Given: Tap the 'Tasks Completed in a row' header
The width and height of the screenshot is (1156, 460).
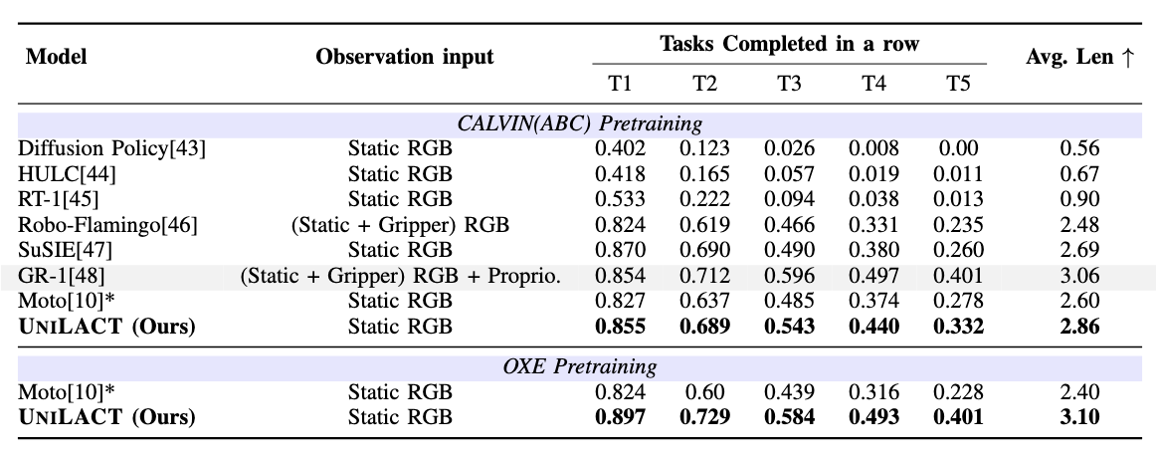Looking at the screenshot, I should pyautogui.click(x=789, y=45).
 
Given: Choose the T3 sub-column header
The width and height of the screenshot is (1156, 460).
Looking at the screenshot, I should pyautogui.click(x=789, y=82).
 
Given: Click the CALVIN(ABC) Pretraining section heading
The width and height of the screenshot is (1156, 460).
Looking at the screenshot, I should pyautogui.click(x=579, y=124).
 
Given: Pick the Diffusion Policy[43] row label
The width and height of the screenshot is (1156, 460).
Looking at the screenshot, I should pyautogui.click(x=111, y=148).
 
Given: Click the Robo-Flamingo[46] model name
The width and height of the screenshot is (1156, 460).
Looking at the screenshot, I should pyautogui.click(x=107, y=225).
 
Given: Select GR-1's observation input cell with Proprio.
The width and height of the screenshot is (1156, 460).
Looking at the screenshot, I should pyautogui.click(x=400, y=276).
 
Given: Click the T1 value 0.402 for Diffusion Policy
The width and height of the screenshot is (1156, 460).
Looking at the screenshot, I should pyautogui.click(x=621, y=148).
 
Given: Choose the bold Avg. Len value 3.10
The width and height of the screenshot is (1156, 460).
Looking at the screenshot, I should pyautogui.click(x=1079, y=416).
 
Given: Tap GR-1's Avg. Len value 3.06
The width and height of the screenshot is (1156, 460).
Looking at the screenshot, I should pyautogui.click(x=1079, y=276).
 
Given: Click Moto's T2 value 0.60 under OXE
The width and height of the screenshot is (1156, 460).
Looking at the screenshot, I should pyautogui.click(x=705, y=391).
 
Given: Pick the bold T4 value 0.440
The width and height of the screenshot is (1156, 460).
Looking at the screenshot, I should pyautogui.click(x=874, y=326).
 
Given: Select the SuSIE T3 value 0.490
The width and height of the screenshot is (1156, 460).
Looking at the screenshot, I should pyautogui.click(x=789, y=249).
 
